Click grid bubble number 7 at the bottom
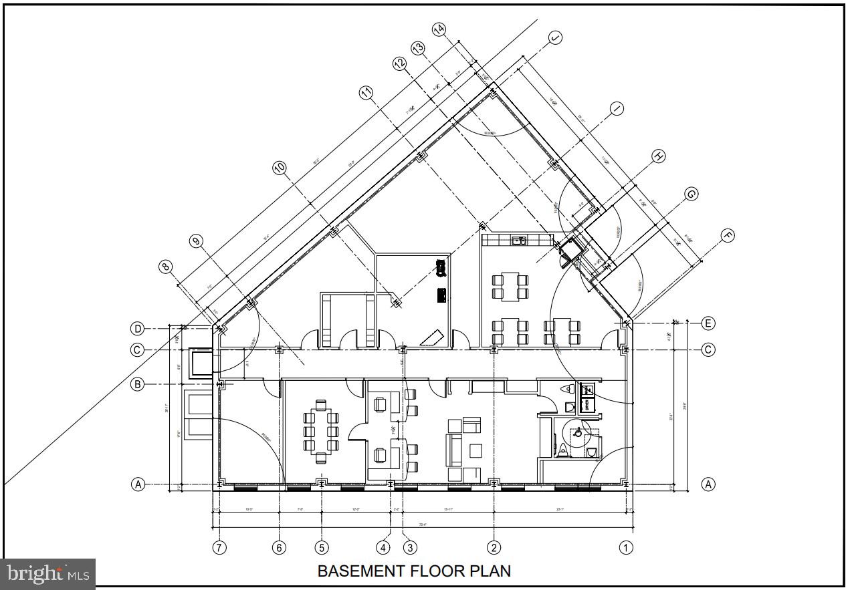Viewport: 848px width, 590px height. [x=219, y=547]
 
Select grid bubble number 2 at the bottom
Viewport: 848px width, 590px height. [x=494, y=547]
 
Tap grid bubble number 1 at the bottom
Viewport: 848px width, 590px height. [x=626, y=547]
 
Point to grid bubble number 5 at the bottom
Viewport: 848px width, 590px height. [x=322, y=547]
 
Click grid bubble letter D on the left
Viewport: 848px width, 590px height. [x=137, y=329]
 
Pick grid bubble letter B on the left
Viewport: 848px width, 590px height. [x=137, y=384]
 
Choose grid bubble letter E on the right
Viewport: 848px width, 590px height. [x=708, y=323]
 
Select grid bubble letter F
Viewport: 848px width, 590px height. [x=727, y=235]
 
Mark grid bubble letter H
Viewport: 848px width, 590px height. [x=659, y=156]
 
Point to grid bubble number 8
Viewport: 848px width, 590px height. [x=166, y=267]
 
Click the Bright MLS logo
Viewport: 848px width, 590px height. [x=48, y=574]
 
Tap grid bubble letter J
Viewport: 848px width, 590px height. [x=555, y=38]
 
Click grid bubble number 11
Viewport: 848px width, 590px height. [x=366, y=94]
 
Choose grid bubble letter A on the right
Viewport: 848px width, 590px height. [x=708, y=484]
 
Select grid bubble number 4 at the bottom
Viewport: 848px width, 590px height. [x=383, y=547]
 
